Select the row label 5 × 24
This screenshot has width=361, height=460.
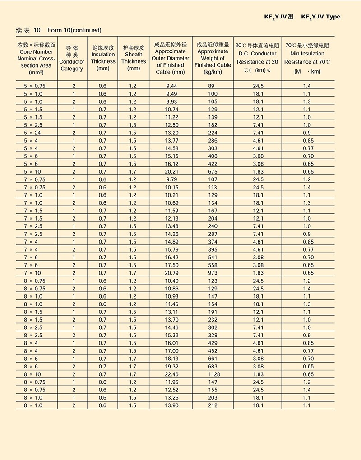(x=32, y=133)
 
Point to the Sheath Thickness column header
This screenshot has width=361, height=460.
(x=134, y=58)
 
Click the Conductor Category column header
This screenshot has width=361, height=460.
(x=72, y=58)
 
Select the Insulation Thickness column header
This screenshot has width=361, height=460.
(x=103, y=58)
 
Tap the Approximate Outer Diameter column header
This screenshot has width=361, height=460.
(x=171, y=58)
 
